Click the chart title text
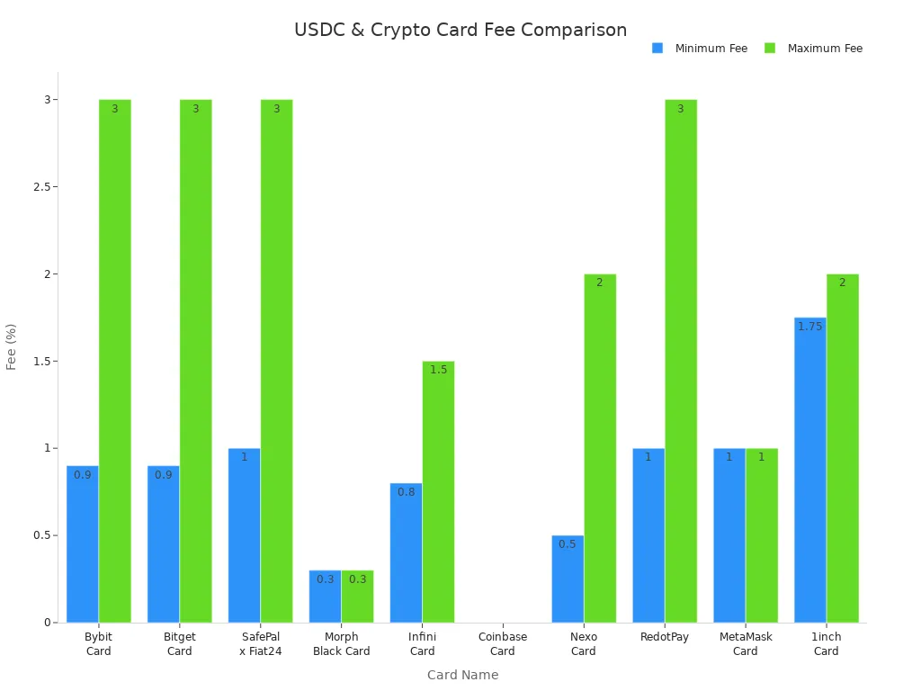(460, 30)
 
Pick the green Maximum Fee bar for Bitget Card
(195, 360)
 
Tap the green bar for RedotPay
(681, 360)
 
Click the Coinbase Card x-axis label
(503, 644)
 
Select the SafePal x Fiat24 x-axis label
(260, 644)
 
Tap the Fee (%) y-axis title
(12, 346)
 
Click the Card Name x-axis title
(462, 675)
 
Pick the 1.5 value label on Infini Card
(438, 370)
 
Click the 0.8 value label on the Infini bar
(407, 492)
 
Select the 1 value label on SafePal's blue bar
(244, 457)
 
